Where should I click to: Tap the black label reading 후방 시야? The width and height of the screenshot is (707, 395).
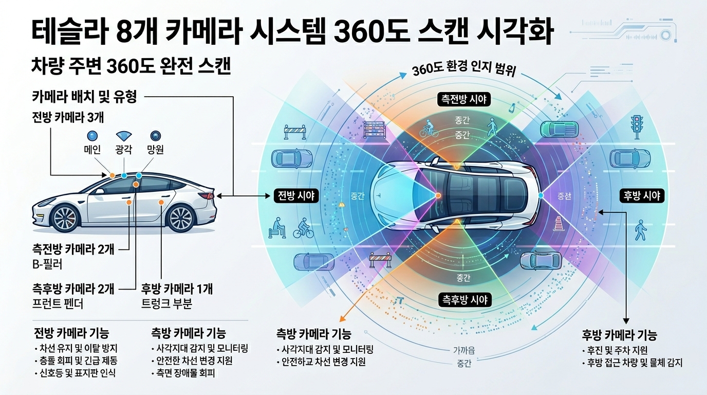(642, 195)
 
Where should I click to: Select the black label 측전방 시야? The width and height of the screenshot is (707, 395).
(463, 99)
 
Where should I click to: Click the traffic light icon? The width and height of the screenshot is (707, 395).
(637, 126)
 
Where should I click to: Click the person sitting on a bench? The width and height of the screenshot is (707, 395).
(278, 227)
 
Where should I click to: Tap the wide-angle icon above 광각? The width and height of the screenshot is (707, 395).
(124, 136)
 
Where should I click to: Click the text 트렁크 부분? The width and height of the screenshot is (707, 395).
(166, 304)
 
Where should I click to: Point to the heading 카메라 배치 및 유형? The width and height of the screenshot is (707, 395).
(84, 96)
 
